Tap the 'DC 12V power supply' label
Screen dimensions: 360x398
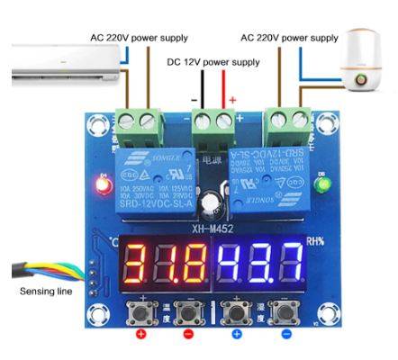[214, 62]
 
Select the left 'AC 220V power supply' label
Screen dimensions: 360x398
[139, 38]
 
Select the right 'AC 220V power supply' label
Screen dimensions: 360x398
[289, 38]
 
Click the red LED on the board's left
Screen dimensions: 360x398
[101, 186]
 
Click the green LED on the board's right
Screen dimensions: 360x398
[321, 186]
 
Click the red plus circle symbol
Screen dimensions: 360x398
[140, 334]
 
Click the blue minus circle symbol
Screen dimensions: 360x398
[285, 334]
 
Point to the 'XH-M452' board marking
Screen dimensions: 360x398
[212, 229]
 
